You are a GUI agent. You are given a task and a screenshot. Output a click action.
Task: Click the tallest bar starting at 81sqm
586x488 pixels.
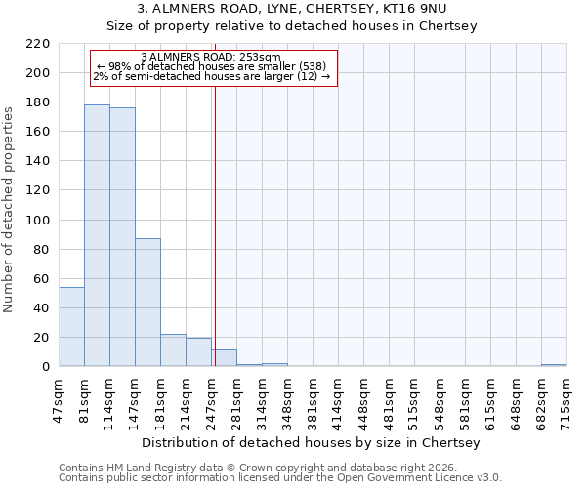tap(97, 235)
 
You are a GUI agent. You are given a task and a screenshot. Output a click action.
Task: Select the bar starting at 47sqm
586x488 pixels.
tap(71, 327)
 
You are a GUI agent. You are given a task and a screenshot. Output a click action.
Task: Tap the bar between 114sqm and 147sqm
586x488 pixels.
tap(122, 237)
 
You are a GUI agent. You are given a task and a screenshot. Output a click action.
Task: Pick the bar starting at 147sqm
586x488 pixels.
tap(147, 303)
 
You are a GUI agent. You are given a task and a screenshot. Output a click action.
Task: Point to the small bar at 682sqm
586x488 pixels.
tap(554, 365)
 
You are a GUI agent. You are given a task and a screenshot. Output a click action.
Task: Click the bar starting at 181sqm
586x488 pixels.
tap(173, 350)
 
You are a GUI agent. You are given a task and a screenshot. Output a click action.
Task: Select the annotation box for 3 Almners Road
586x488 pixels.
tap(213, 67)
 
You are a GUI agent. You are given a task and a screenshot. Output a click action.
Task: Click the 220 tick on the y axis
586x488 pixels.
tap(39, 44)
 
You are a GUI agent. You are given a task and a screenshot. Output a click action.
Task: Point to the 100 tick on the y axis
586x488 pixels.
tap(39, 221)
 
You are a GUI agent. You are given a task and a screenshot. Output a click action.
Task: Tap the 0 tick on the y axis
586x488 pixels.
tap(45, 367)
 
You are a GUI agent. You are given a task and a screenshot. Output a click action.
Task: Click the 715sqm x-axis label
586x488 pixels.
tap(567, 398)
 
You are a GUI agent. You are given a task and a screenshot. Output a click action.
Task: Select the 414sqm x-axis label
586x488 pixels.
tap(339, 398)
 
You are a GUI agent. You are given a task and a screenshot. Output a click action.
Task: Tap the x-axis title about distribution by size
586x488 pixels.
tap(313, 442)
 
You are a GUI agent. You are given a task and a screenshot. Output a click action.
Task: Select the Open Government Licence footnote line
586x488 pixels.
tap(280, 478)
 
